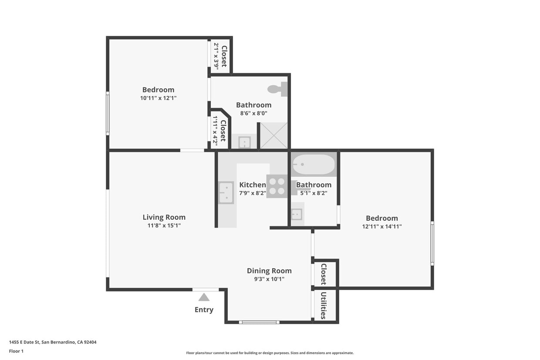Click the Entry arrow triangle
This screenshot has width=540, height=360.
(204, 297)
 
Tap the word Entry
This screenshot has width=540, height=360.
(204, 310)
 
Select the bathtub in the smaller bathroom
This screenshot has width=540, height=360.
(314, 165)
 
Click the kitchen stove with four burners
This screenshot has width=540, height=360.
(277, 186)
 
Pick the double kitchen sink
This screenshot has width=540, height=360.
(226, 193)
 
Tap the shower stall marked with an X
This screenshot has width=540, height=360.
(274, 136)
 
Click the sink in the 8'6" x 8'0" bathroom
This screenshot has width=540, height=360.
(244, 142)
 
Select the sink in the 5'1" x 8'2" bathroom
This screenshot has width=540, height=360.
(297, 214)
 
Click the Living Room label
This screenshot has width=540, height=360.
(164, 217)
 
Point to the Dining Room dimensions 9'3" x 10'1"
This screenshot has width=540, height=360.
(269, 279)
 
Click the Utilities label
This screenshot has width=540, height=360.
(324, 306)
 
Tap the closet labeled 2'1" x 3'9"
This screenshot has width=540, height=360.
(220, 56)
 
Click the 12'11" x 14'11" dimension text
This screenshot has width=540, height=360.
(381, 226)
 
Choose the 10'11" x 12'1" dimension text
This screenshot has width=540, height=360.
(158, 98)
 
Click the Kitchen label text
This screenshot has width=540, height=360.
(252, 185)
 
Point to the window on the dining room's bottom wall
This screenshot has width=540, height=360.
(259, 322)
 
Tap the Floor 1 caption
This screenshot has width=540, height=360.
(16, 351)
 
